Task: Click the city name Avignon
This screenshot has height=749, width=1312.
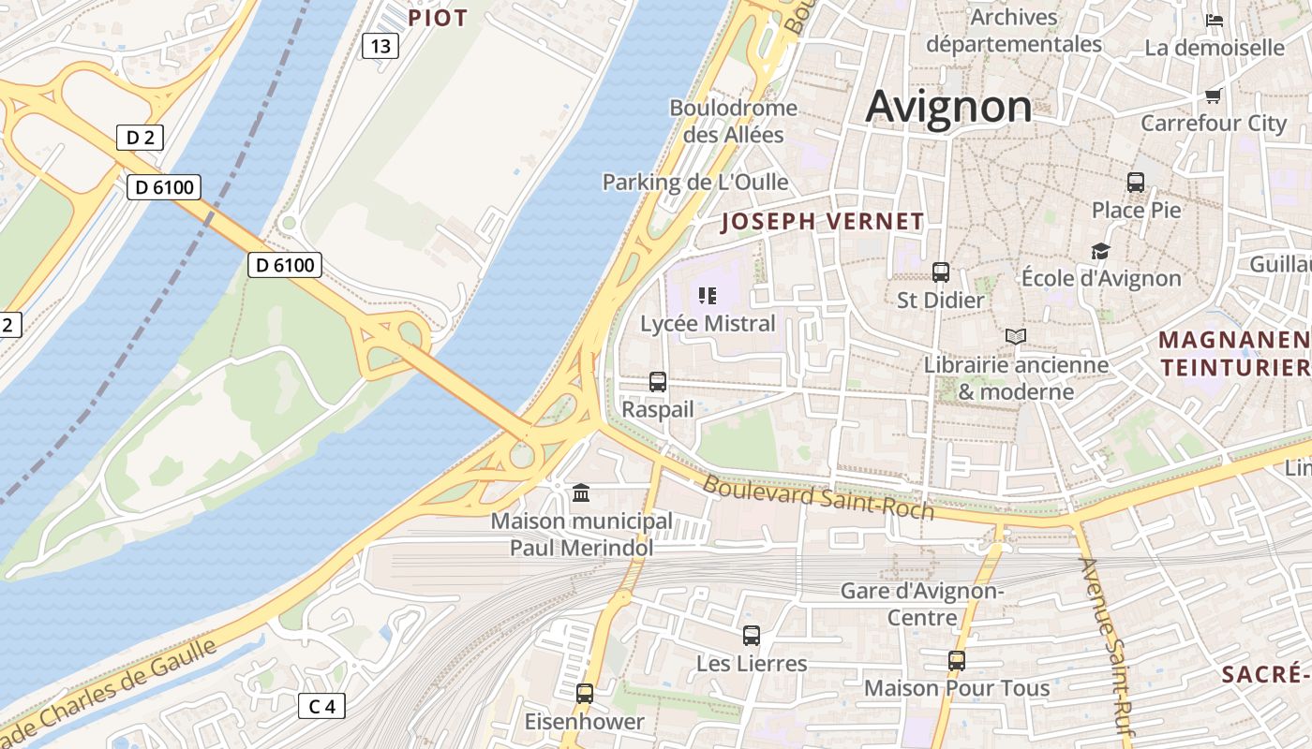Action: click(x=948, y=107)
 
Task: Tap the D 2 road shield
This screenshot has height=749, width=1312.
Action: click(x=140, y=138)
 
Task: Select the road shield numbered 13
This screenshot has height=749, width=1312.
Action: click(x=380, y=46)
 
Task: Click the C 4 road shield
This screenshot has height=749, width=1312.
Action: click(x=321, y=706)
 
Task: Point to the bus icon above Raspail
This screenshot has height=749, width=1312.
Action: click(x=658, y=382)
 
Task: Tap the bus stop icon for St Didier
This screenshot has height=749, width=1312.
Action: click(x=941, y=272)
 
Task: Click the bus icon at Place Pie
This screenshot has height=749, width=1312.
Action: click(x=1136, y=183)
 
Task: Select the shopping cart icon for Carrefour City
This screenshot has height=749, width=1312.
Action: click(x=1214, y=95)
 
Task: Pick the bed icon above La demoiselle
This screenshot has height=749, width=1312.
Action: click(x=1215, y=20)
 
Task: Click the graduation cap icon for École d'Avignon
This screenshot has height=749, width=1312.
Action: click(x=1100, y=251)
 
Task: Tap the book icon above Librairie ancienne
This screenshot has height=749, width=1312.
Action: click(x=1016, y=336)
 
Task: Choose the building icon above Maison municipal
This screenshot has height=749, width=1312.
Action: click(x=581, y=492)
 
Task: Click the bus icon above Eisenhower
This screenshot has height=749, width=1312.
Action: click(x=585, y=694)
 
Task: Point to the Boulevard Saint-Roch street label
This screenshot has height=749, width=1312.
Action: click(x=818, y=497)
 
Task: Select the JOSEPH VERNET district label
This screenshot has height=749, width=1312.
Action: click(x=823, y=222)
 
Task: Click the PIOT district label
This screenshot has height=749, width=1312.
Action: click(x=438, y=18)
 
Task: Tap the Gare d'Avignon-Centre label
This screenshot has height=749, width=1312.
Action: click(x=922, y=604)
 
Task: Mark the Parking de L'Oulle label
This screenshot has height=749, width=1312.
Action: click(x=695, y=182)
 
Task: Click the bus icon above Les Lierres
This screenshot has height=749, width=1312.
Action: click(x=752, y=636)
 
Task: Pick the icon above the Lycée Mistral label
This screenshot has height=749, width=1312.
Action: click(x=708, y=296)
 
